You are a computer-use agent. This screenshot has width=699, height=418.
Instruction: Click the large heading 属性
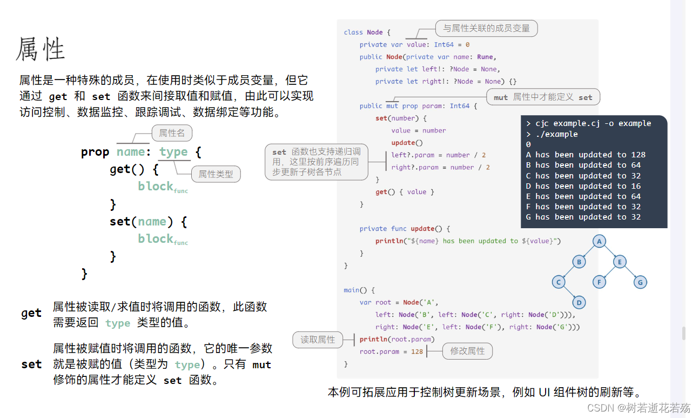[41, 49]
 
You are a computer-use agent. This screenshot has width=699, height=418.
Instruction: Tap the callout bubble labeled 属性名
[172, 133]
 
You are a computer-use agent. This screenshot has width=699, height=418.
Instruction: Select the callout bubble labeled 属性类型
[216, 174]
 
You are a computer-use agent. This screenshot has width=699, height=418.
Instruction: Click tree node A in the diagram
[599, 241]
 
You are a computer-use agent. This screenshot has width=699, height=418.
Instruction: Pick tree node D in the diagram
[579, 302]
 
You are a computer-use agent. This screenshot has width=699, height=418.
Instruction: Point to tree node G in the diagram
[640, 282]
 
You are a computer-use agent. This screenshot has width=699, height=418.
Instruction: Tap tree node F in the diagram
[599, 282]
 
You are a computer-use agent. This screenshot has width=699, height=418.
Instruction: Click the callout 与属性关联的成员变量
[487, 29]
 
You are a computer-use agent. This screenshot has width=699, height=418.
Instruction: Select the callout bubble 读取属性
[318, 340]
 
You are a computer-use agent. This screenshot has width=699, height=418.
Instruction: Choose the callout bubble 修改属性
[467, 351]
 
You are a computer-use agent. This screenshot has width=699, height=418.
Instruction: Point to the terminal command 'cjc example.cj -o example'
[593, 123]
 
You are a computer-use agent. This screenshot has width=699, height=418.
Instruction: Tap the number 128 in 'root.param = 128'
[417, 352]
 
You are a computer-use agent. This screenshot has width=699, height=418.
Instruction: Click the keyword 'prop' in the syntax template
[95, 152]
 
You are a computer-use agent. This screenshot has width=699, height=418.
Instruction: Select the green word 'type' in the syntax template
[173, 152]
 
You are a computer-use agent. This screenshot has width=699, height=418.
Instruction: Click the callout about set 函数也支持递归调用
[317, 162]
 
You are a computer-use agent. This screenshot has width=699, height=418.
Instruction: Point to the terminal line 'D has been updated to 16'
[583, 186]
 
